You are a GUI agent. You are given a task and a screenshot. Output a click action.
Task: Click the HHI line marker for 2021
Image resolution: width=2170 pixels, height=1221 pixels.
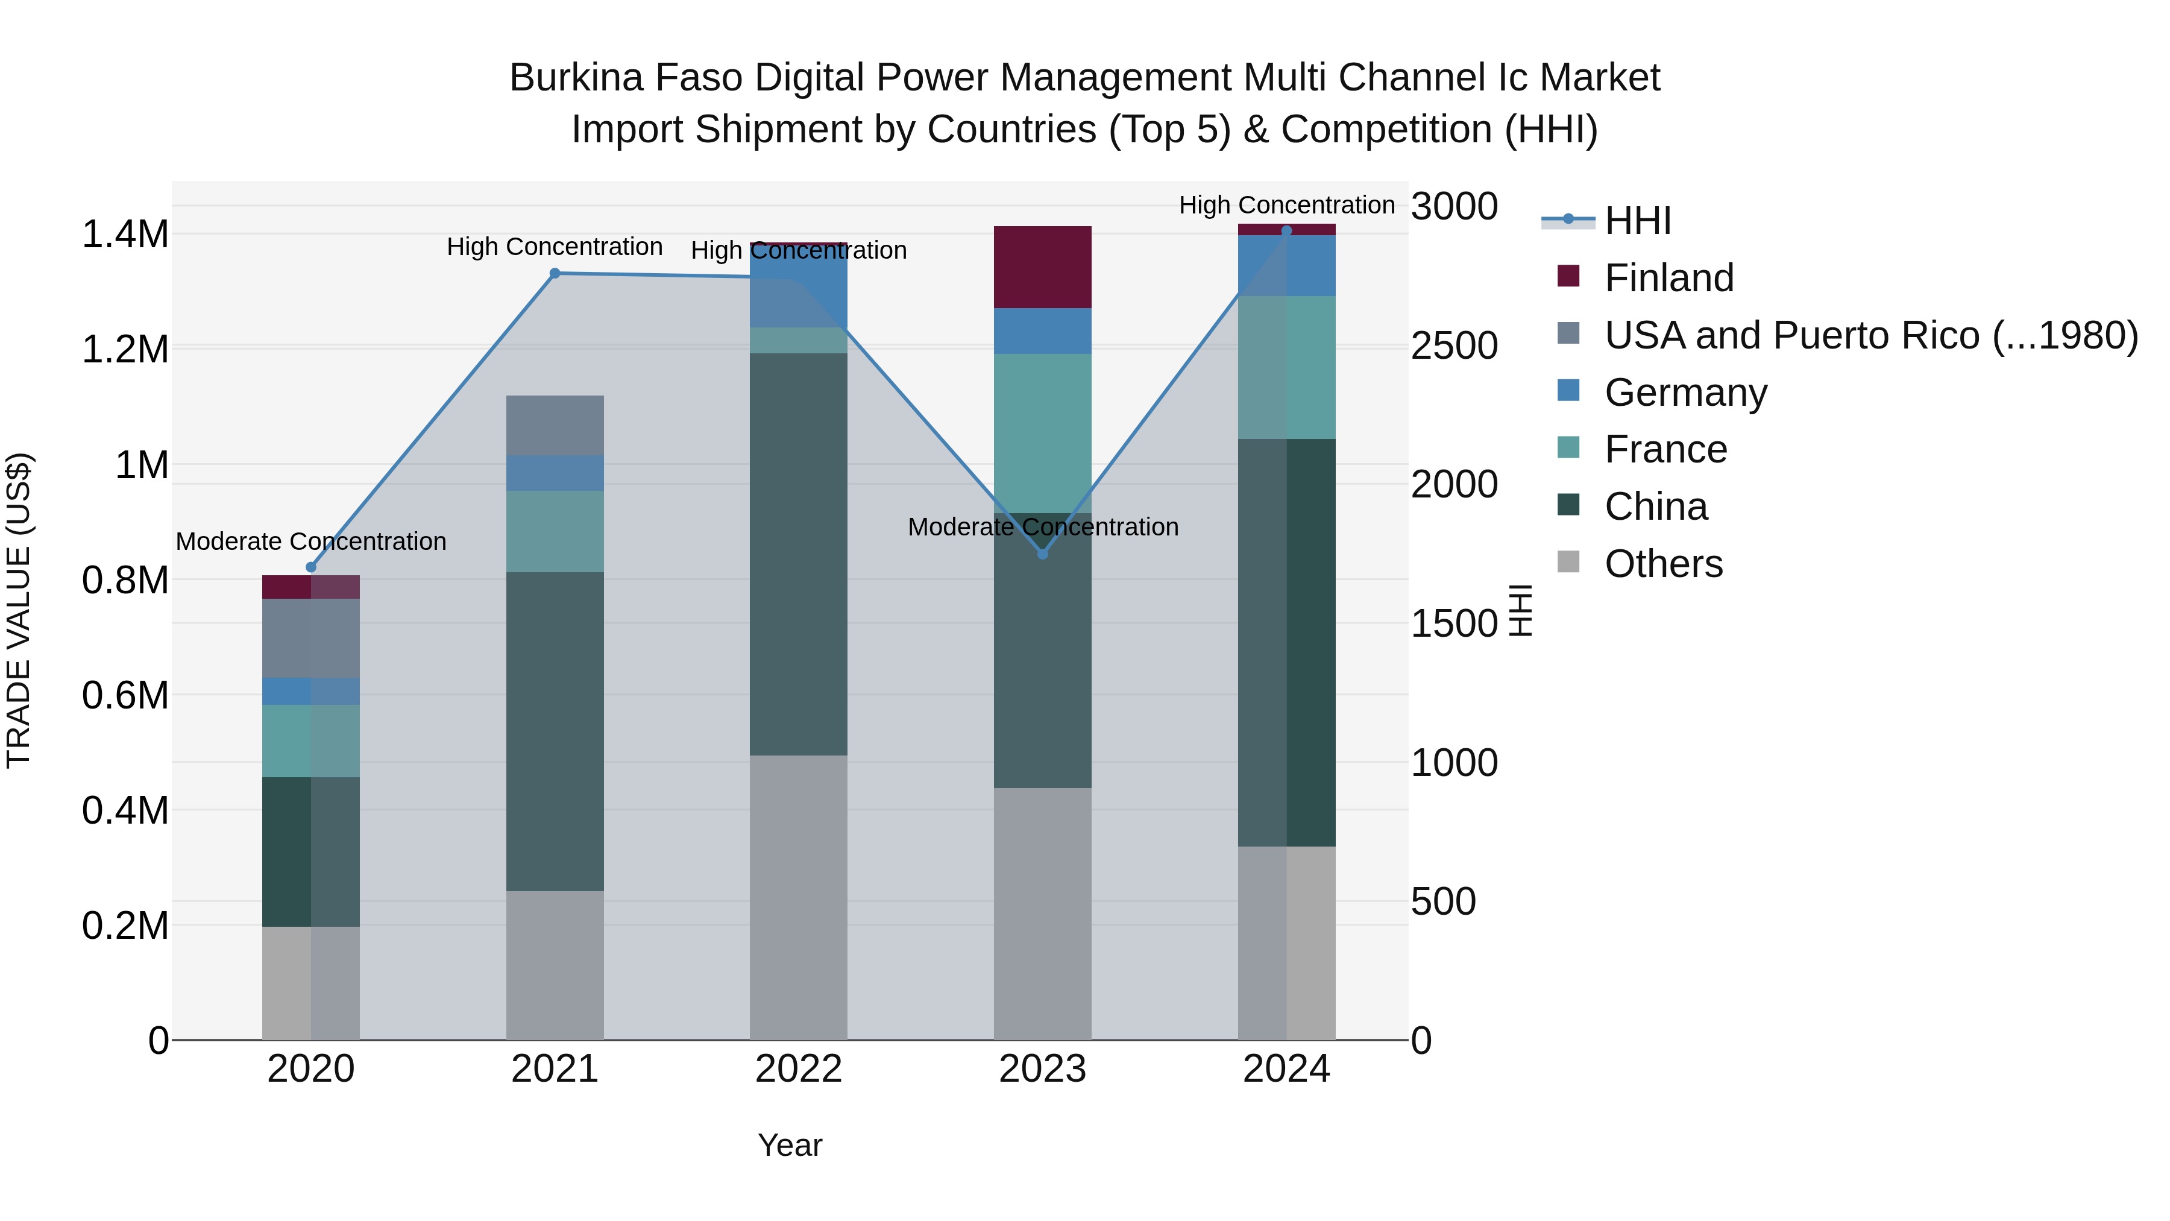pyautogui.click(x=555, y=273)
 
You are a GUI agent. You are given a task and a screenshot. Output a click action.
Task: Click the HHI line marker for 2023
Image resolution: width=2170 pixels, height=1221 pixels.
pyautogui.click(x=1042, y=554)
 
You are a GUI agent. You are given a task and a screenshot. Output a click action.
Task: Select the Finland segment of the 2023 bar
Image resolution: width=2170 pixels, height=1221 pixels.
pyautogui.click(x=1042, y=267)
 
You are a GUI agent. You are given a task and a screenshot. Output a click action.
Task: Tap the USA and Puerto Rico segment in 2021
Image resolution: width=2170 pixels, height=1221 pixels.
pyautogui.click(x=555, y=426)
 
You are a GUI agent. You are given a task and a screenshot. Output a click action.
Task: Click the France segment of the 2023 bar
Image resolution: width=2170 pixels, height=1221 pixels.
pyautogui.click(x=1042, y=433)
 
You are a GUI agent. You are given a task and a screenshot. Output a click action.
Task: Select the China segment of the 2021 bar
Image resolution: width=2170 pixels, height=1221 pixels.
pyautogui.click(x=555, y=731)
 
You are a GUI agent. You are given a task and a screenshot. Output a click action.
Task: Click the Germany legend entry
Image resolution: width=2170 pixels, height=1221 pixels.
pyautogui.click(x=1685, y=393)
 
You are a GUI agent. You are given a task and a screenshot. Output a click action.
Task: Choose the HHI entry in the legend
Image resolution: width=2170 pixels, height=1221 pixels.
pyautogui.click(x=1637, y=221)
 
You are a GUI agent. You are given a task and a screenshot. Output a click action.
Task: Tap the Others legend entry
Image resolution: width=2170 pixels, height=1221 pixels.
pyautogui.click(x=1663, y=564)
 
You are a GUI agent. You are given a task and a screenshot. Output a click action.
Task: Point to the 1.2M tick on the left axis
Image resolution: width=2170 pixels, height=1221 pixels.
pyautogui.click(x=125, y=350)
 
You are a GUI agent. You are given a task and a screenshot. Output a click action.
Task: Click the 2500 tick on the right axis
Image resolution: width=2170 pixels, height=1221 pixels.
pyautogui.click(x=1454, y=345)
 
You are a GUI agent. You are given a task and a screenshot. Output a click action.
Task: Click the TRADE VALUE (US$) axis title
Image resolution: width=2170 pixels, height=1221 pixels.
pyautogui.click(x=19, y=610)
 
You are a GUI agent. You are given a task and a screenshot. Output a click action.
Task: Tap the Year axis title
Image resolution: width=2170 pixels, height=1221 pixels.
pyautogui.click(x=789, y=1145)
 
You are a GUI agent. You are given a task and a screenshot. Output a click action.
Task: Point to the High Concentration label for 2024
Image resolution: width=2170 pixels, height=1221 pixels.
pyautogui.click(x=1286, y=205)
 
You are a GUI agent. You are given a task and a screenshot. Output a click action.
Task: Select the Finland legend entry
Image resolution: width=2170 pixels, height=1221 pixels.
pyautogui.click(x=1668, y=278)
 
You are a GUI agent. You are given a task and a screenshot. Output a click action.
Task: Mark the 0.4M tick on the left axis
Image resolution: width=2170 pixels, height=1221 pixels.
pyautogui.click(x=125, y=810)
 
